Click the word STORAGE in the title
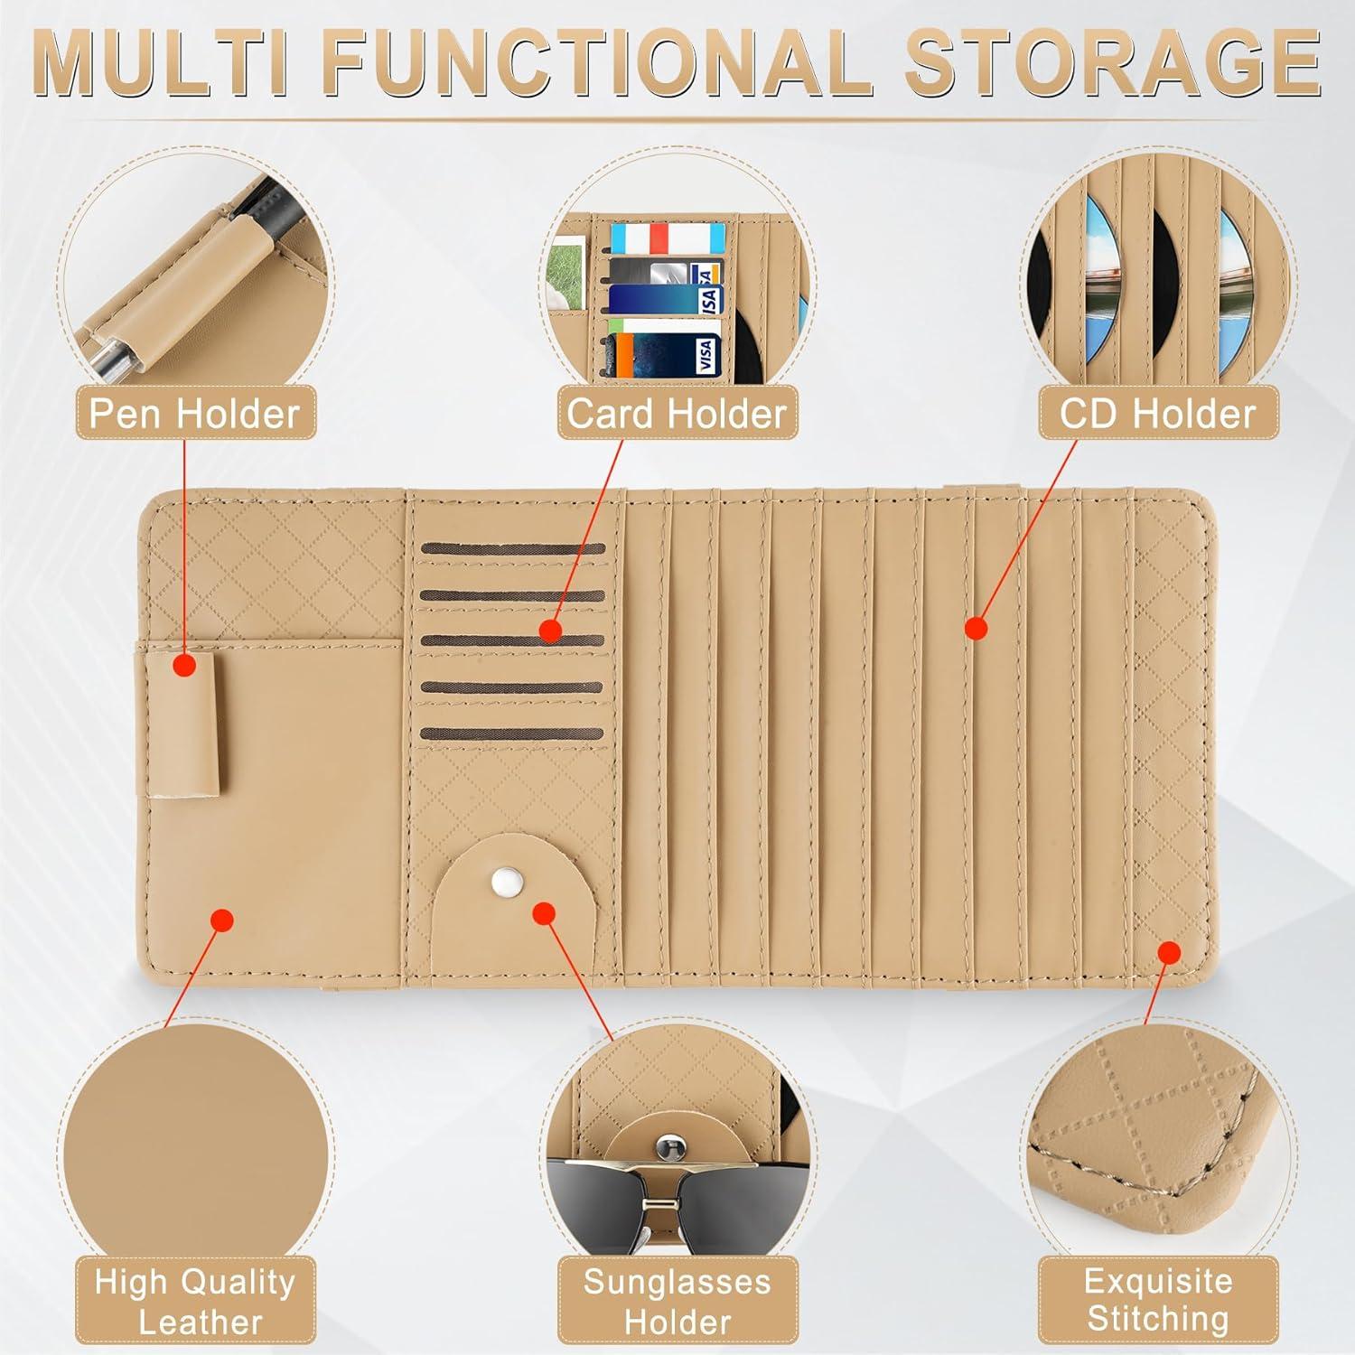click(x=1112, y=63)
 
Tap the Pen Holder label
click(x=194, y=414)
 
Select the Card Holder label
click(x=677, y=414)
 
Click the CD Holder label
click(x=1157, y=414)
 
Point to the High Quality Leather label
click(x=195, y=1301)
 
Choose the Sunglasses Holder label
click(x=677, y=1301)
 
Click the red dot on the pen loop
click(x=184, y=667)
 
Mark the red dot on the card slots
click(x=550, y=631)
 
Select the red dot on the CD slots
click(x=976, y=628)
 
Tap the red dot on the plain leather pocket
click(x=221, y=920)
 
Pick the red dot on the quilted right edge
click(x=1169, y=952)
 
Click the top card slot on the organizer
click(x=512, y=549)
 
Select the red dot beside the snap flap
click(x=543, y=913)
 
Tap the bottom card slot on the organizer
click(x=512, y=734)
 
